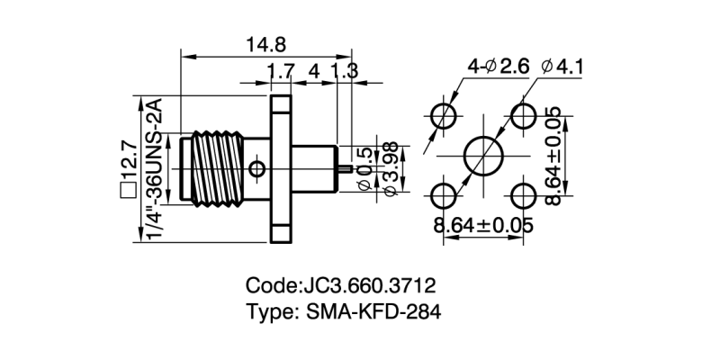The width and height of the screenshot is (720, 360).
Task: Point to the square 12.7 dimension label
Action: click(x=127, y=166)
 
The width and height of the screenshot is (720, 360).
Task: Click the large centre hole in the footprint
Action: click(x=484, y=155)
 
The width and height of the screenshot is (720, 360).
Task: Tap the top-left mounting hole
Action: click(x=444, y=115)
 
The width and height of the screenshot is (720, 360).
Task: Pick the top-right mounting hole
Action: click(x=524, y=115)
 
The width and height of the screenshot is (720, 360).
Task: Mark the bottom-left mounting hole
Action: click(x=444, y=195)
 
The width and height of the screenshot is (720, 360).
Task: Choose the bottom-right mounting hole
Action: click(x=524, y=195)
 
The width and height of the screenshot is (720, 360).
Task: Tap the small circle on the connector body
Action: click(x=258, y=168)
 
